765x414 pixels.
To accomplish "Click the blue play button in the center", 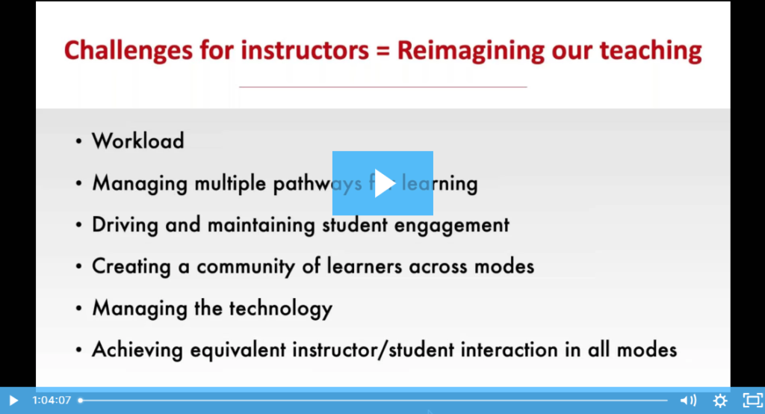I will click(x=382, y=183).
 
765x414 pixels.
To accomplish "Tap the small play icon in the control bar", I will click(x=13, y=401).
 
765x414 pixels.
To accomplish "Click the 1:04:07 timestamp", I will click(x=52, y=401).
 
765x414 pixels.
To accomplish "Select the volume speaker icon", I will click(x=687, y=401).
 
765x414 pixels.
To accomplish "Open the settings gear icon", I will click(x=719, y=401).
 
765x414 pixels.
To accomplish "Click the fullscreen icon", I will click(x=750, y=401).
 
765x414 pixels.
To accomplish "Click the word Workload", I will click(x=137, y=140).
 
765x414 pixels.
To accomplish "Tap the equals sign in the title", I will click(x=381, y=51).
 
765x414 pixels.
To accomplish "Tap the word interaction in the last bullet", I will click(x=501, y=349).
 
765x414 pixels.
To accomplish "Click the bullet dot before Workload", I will click(x=79, y=141).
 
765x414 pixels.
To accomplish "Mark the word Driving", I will click(x=122, y=224).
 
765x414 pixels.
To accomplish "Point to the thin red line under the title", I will click(x=382, y=87).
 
